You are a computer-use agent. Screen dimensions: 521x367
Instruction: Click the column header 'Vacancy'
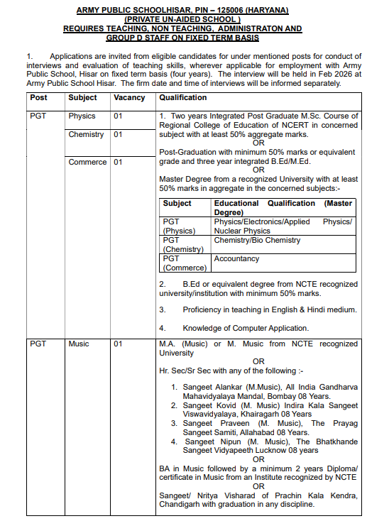(128, 97)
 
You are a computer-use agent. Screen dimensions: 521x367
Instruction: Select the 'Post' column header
(39, 97)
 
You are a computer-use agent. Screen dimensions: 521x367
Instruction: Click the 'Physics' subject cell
(82, 116)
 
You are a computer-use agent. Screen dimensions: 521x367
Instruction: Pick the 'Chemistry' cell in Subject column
(86, 134)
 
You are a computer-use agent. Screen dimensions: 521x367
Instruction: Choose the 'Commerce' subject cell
(88, 162)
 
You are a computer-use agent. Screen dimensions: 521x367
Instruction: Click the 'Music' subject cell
(79, 344)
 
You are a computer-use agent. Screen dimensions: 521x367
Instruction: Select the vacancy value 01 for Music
(118, 344)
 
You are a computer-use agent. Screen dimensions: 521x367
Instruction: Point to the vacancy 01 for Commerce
(118, 162)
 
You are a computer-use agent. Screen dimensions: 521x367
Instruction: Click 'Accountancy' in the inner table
(237, 259)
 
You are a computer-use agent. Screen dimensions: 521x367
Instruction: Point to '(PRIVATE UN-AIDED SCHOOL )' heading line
(183, 17)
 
